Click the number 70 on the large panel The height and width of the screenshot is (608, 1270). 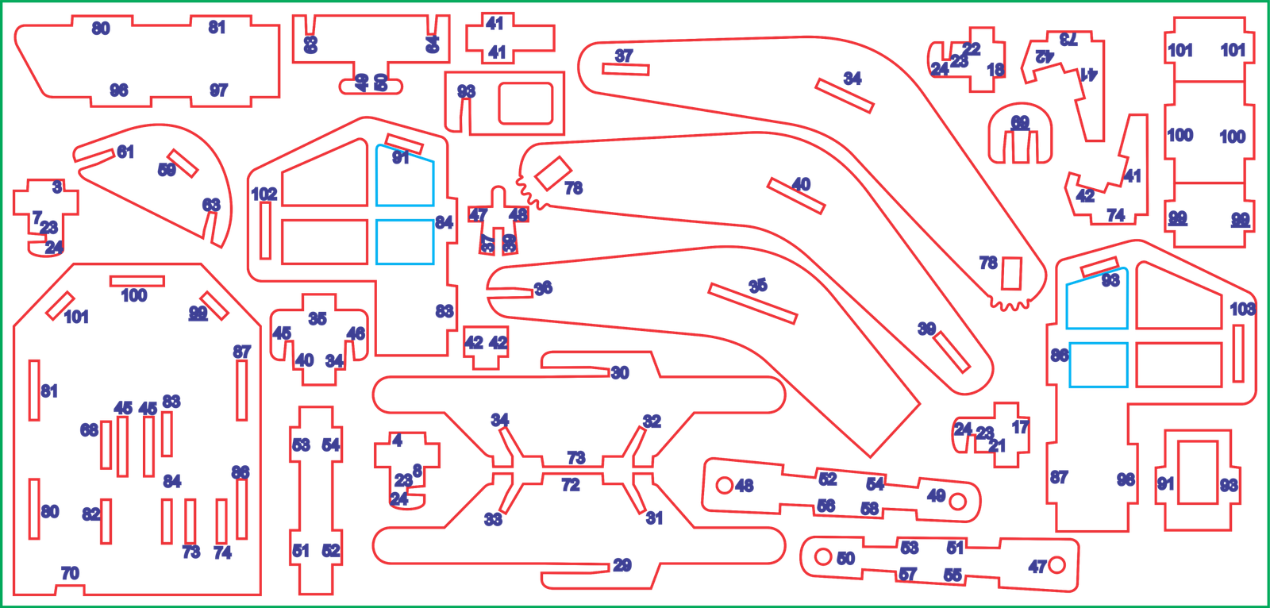(70, 573)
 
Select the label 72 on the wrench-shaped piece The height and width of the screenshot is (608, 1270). (571, 485)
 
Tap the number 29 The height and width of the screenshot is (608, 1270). (622, 565)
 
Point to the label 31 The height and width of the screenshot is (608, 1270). (653, 518)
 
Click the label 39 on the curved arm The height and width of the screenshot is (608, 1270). (926, 329)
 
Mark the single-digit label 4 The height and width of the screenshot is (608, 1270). (398, 441)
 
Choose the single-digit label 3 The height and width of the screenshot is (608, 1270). (56, 188)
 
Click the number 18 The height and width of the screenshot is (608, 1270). (995, 70)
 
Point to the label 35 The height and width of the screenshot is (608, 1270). (317, 319)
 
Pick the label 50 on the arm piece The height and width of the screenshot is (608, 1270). (845, 558)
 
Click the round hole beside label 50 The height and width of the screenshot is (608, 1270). (823, 557)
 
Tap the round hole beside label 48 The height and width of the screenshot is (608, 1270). (724, 483)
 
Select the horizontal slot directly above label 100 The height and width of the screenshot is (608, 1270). (137, 280)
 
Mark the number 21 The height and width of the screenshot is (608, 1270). (997, 446)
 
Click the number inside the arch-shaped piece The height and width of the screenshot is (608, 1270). (1020, 123)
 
